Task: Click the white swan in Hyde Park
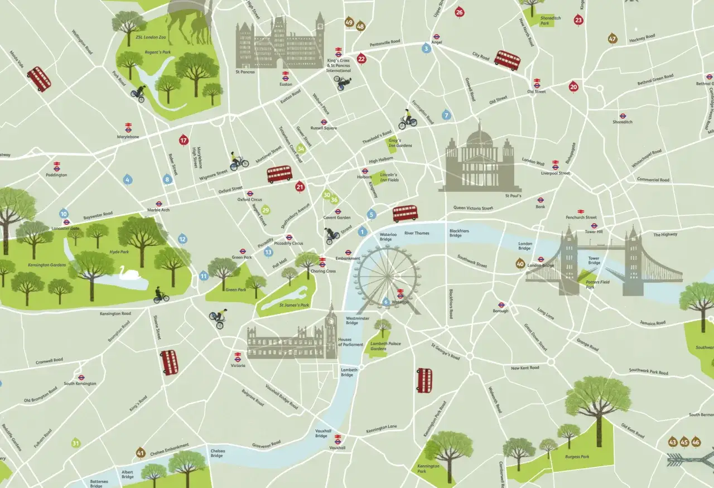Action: coord(124,272)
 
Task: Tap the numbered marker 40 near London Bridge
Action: coord(520,263)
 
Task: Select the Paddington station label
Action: coord(56,175)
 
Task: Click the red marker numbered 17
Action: coord(184,140)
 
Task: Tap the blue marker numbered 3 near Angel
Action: coord(427,49)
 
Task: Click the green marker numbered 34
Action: coord(301,148)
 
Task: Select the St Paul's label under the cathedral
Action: coord(513,196)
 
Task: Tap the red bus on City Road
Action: coord(507,59)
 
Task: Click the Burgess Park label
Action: coord(577,456)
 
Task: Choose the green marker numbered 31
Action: coord(76,443)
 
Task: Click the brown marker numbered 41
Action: coord(141,452)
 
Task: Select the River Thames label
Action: coord(417,233)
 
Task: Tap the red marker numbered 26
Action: coord(459,12)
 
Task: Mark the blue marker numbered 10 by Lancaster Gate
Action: coord(64,214)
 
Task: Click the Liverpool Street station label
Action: coord(556,173)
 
